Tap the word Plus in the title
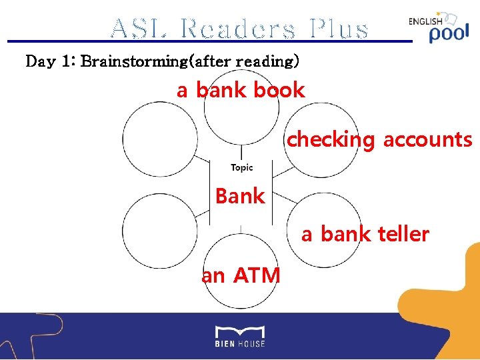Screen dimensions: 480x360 [338, 29]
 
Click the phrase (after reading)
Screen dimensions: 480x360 [244, 62]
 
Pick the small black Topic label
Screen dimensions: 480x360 [241, 167]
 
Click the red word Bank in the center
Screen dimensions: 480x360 [240, 196]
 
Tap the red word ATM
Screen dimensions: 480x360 [257, 274]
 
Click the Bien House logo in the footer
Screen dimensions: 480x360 [239, 335]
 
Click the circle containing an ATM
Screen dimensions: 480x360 [241, 270]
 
